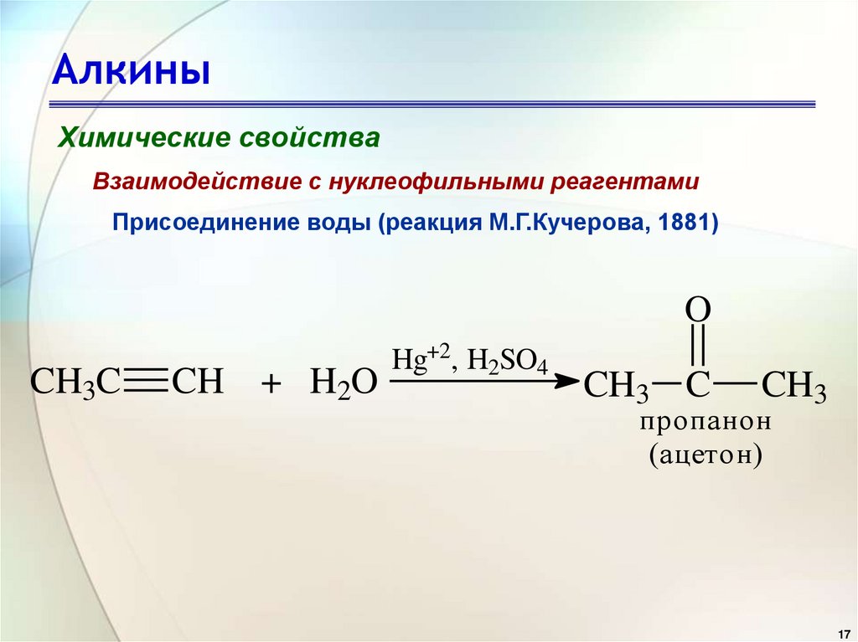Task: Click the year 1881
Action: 685,224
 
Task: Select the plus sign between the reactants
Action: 270,386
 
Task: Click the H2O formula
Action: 344,384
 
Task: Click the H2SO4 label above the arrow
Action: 507,361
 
